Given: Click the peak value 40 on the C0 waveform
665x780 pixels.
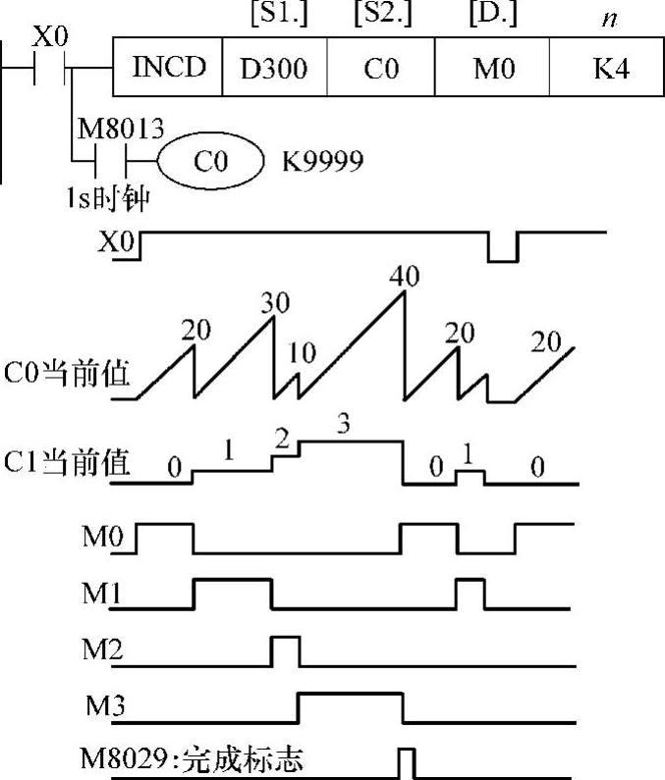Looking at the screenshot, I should point(403,276).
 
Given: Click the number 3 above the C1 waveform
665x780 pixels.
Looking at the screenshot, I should point(342,426).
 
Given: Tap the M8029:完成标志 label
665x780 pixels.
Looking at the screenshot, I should point(193,758).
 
